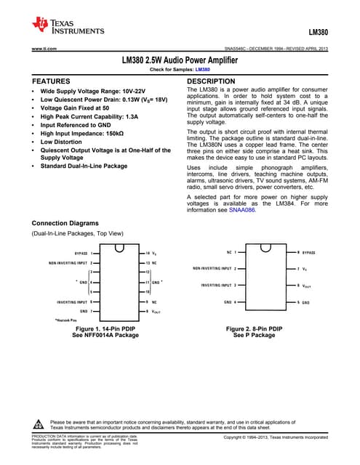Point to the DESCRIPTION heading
211,81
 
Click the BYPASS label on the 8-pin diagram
309,251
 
